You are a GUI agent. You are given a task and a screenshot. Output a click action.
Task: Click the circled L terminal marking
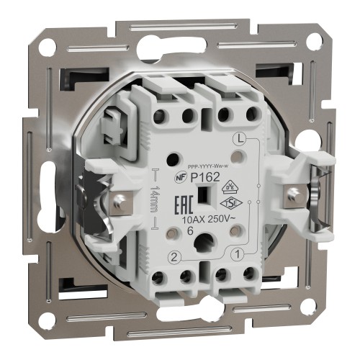click(x=240, y=137)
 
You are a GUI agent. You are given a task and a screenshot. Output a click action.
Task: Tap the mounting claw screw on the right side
click(x=293, y=192)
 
